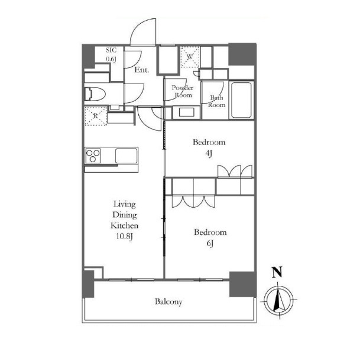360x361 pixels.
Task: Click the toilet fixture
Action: pyautogui.click(x=95, y=95)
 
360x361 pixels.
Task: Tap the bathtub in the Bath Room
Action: pyautogui.click(x=241, y=100)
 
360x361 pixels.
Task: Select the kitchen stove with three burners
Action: pyautogui.click(x=93, y=156)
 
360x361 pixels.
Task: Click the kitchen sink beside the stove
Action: pyautogui.click(x=126, y=156)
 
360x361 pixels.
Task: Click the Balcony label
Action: pyautogui.click(x=168, y=302)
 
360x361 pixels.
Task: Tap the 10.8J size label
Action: pyautogui.click(x=125, y=236)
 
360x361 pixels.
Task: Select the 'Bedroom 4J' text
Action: pyautogui.click(x=209, y=147)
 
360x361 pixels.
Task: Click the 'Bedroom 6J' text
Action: pyautogui.click(x=210, y=237)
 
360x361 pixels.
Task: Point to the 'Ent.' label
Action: pyautogui.click(x=142, y=70)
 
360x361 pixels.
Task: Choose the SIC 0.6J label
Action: pyautogui.click(x=111, y=54)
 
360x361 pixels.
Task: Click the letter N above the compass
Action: pyautogui.click(x=277, y=272)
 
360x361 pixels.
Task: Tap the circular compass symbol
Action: pyautogui.click(x=279, y=300)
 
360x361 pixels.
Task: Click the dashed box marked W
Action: pyautogui.click(x=190, y=57)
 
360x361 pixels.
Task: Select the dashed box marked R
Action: pyautogui.click(x=96, y=116)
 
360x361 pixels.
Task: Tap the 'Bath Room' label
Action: pyautogui.click(x=217, y=101)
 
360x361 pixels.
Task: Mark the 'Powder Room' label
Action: pyautogui.click(x=183, y=91)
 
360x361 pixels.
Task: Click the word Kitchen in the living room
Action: pyautogui.click(x=125, y=225)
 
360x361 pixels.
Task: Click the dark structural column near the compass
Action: pyautogui.click(x=243, y=285)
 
